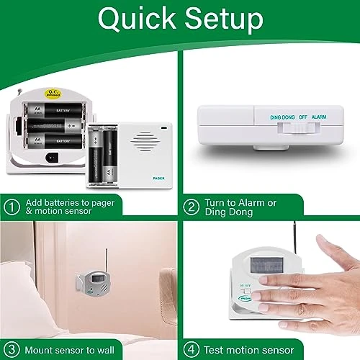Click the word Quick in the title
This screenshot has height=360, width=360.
134,20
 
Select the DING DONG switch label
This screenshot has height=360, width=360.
283,116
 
